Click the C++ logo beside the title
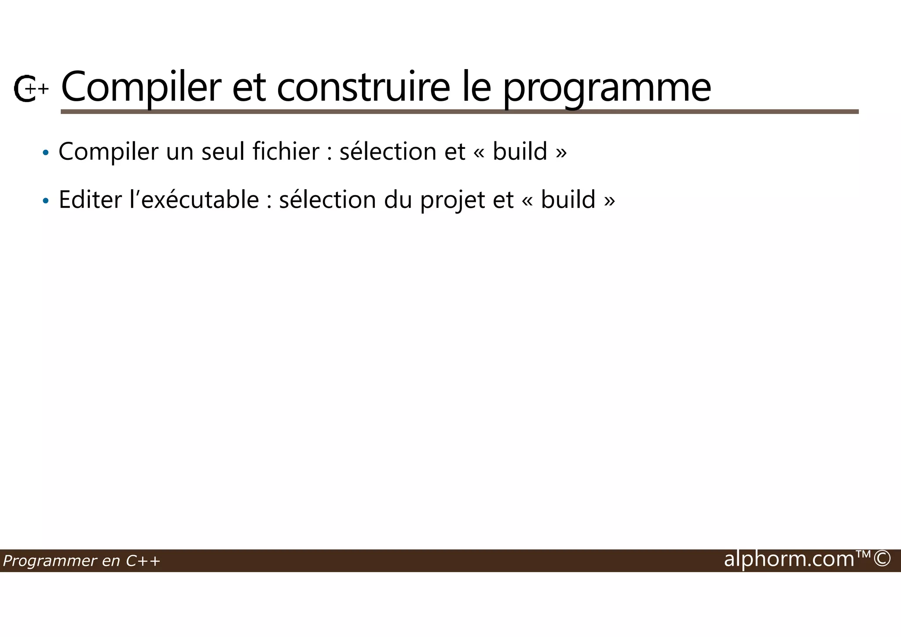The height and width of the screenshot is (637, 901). [x=30, y=88]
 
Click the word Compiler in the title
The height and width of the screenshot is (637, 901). [x=140, y=88]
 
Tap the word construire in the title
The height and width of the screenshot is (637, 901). [x=363, y=88]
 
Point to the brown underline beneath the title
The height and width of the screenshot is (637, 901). [x=459, y=112]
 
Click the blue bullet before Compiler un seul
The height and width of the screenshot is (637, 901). [x=45, y=153]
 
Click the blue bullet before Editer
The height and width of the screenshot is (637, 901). [x=45, y=201]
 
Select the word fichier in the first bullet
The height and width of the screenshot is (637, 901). [x=286, y=151]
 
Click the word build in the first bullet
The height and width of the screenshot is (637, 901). [x=520, y=151]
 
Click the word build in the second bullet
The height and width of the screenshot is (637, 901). [x=568, y=200]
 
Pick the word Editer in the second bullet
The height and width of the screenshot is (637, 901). [x=90, y=200]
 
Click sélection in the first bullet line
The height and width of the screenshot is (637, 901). [x=388, y=151]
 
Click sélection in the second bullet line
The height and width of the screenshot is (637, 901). [x=327, y=200]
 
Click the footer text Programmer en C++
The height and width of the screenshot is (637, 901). [x=81, y=561]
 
